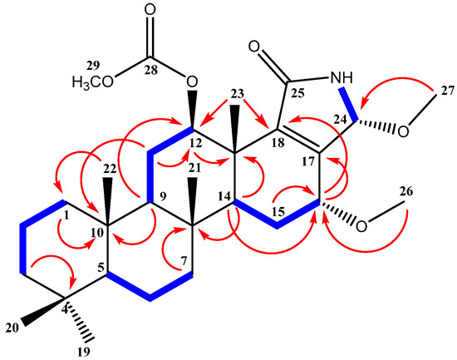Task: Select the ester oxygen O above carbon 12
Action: click(x=192, y=82)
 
